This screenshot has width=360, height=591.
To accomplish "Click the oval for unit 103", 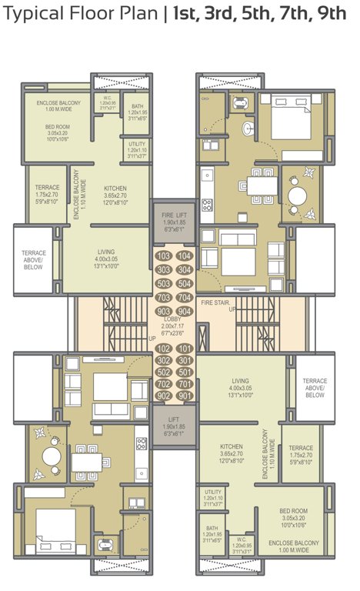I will click(163, 256).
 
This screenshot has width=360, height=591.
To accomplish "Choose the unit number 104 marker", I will click(184, 256).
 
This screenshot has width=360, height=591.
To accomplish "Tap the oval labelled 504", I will click(184, 283).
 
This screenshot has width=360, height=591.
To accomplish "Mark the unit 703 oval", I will click(163, 297).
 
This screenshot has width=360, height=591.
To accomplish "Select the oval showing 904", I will click(184, 311).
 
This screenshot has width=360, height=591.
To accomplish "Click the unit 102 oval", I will click(163, 349).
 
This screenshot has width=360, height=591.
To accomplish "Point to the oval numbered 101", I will click(184, 349).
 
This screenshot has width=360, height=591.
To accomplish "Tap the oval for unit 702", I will click(163, 383).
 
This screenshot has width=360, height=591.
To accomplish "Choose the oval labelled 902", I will click(163, 396).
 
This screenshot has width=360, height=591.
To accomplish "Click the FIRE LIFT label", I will click(173, 215).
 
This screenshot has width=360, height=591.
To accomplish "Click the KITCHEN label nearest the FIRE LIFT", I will click(115, 188).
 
